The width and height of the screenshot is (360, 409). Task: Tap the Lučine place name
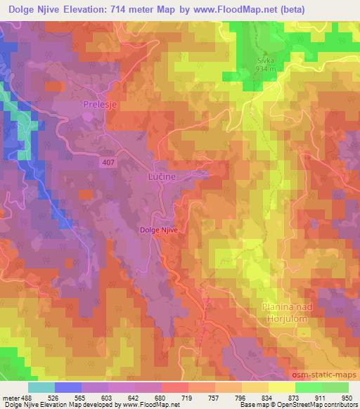click(x=161, y=178)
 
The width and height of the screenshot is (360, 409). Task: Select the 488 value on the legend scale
click(x=24, y=398)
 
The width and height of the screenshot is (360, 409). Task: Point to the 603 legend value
click(x=105, y=398)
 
